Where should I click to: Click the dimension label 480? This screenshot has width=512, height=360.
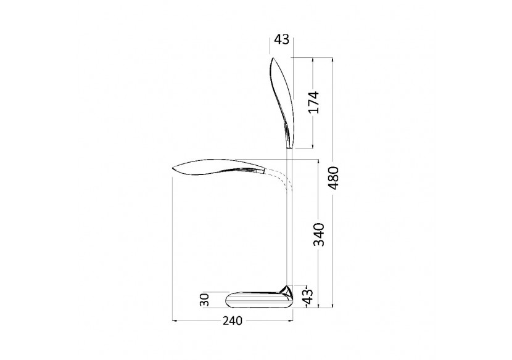tap(334, 178)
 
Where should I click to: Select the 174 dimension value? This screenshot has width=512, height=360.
tap(314, 102)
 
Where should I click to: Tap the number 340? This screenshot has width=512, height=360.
tap(319, 235)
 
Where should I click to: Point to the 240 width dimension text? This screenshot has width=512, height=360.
tap(233, 321)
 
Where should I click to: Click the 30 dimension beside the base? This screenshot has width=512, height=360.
tap(205, 300)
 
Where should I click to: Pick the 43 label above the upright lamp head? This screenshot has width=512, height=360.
tap(281, 39)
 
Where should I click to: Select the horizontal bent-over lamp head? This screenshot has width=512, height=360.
tap(218, 167)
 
